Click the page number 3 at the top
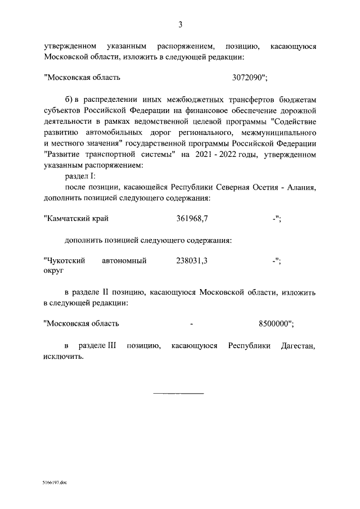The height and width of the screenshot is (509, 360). click(x=180, y=24)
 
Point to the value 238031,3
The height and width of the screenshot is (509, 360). click(x=195, y=260)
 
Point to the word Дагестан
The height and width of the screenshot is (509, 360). click(x=298, y=346)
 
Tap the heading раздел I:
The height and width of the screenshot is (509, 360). click(x=80, y=177)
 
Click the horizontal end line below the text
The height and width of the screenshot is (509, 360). click(x=179, y=393)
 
